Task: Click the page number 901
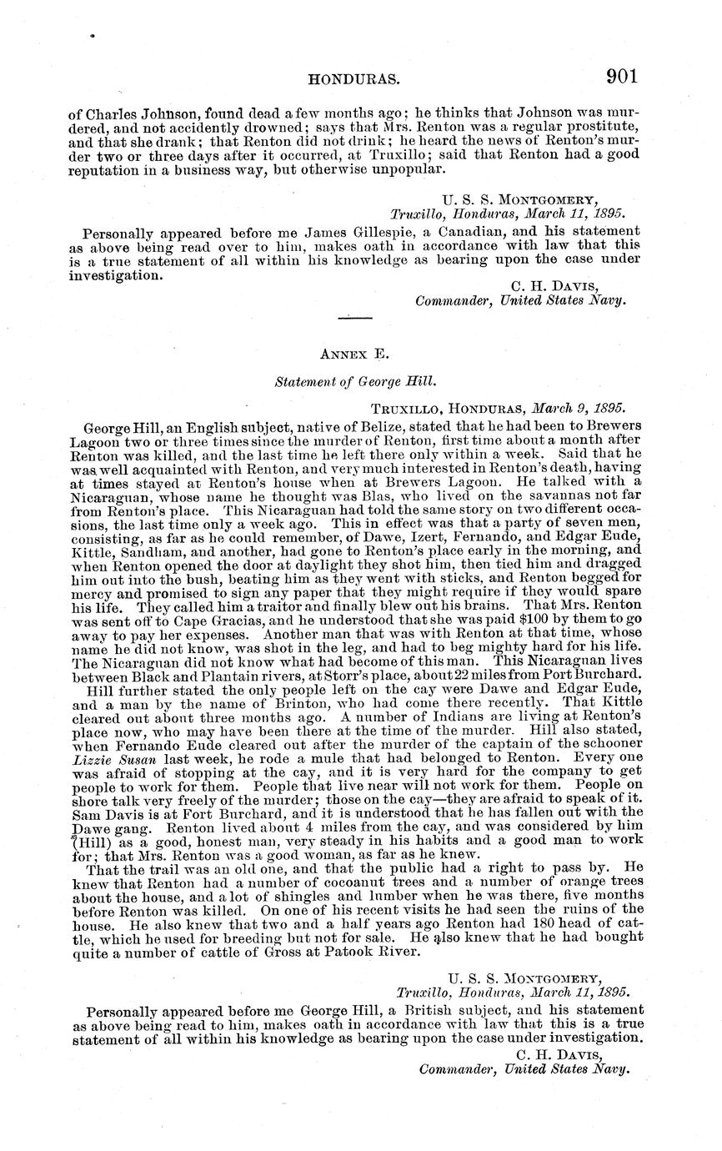point(622,77)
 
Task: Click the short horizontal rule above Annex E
point(355,317)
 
